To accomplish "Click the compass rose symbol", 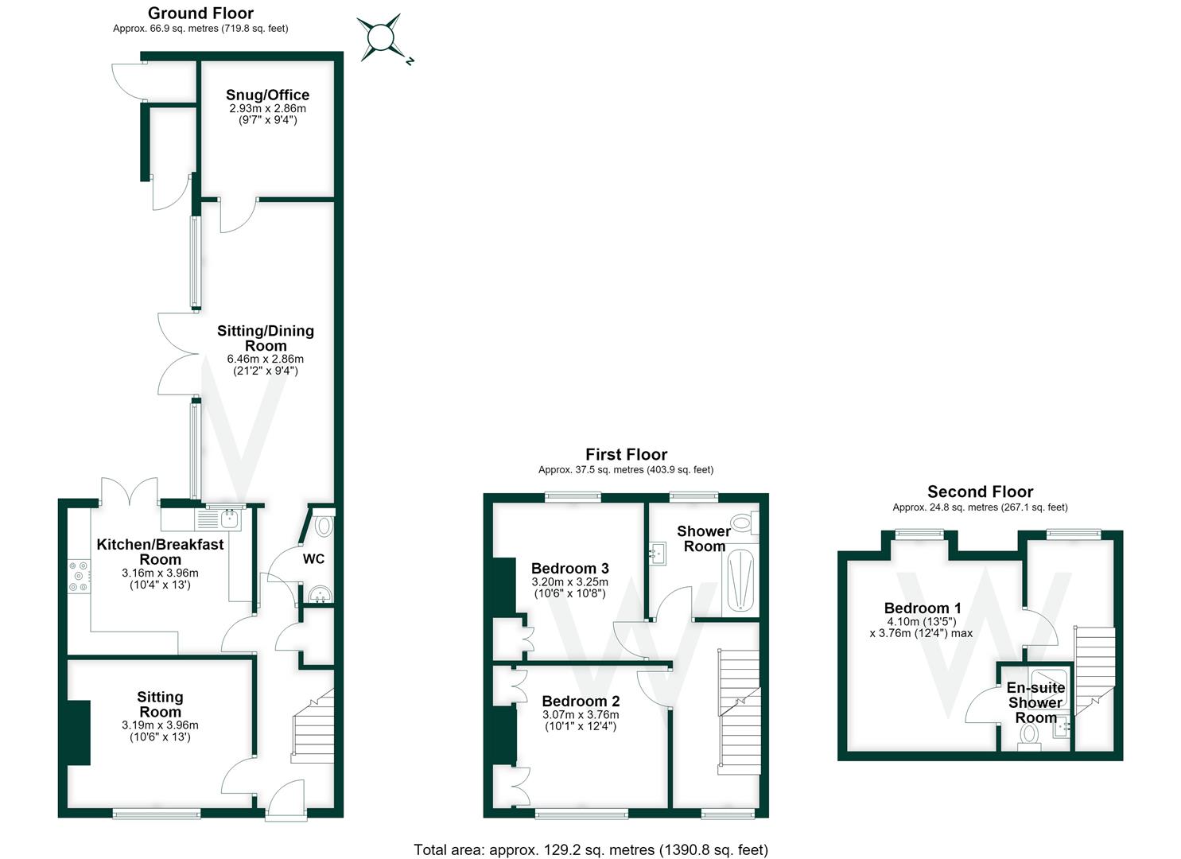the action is click(381, 38).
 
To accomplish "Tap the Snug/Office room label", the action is click(267, 95).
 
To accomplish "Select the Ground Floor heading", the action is click(200, 14).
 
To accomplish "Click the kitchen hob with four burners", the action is click(79, 576).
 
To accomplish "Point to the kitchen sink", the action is click(231, 519).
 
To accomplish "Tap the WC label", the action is click(313, 559).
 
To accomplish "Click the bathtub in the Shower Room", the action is click(740, 581).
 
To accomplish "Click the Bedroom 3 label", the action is click(570, 569).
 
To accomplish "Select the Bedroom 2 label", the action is click(581, 702).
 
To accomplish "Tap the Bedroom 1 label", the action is click(923, 608).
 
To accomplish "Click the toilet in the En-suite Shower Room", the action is click(1029, 737).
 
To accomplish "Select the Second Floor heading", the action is click(980, 492).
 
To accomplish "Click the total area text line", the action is click(590, 849).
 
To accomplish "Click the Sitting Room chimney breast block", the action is click(79, 733).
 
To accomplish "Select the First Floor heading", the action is click(627, 454).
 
